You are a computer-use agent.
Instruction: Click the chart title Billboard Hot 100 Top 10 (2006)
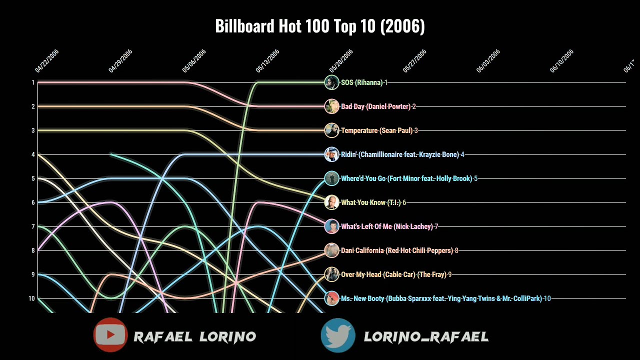coord(320,26)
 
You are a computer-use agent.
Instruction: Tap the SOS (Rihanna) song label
coord(361,82)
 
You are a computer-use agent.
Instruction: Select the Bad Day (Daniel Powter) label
coord(375,106)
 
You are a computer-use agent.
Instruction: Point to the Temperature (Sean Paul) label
coord(376,130)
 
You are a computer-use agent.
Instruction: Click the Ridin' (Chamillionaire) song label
coord(399,154)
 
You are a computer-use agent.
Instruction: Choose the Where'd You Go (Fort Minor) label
coord(406,178)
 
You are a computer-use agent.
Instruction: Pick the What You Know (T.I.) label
coord(370,202)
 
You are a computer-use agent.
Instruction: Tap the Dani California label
coord(396,250)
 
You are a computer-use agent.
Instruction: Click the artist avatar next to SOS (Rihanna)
coord(331,82)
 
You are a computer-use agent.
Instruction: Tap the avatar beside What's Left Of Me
coord(331,226)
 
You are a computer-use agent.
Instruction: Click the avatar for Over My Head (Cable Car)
coord(331,274)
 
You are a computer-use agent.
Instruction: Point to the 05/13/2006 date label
coord(267,61)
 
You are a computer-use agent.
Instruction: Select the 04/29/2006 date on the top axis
coord(120,61)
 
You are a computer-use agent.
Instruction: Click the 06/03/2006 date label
coord(488,61)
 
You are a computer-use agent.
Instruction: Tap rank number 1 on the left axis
coord(33,82)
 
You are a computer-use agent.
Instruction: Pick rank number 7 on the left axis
coord(33,226)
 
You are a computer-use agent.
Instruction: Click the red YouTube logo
coord(110,335)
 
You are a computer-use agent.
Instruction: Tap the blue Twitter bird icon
coord(338,335)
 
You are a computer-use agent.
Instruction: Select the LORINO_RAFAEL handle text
coord(426,336)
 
